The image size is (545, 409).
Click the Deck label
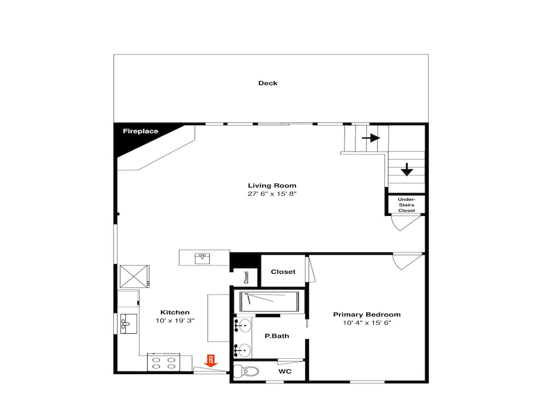coord(268,83)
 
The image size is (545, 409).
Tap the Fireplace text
coord(141,131)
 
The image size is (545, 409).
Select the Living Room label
coord(272,186)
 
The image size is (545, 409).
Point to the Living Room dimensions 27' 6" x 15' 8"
coord(272,194)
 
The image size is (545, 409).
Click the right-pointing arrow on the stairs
coord(371,138)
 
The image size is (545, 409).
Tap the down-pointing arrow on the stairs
coord(407,170)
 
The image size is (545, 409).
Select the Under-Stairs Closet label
coord(407,205)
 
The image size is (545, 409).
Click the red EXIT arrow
coord(210,360)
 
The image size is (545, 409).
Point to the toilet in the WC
coord(246,371)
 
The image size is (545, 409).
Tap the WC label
coord(284,371)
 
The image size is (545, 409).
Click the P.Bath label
coord(277,336)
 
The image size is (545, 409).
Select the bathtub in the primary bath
coord(269,302)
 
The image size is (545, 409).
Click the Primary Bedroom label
coord(367,315)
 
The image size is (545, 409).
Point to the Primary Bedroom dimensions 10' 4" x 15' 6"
coord(367,323)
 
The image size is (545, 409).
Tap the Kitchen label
coord(175,312)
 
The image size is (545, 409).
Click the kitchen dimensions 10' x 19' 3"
coord(175,321)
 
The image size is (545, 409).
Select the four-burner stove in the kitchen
coord(163,363)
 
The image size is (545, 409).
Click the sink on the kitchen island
coord(202,258)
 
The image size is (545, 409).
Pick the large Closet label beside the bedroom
coord(283,272)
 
